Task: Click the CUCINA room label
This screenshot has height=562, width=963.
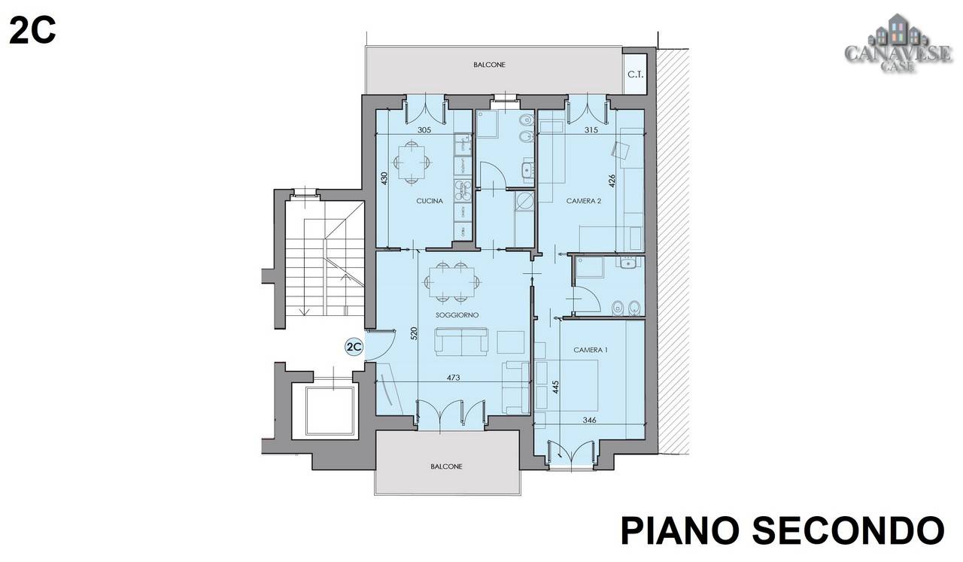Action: click(430, 201)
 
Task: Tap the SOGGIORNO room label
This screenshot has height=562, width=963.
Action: click(457, 315)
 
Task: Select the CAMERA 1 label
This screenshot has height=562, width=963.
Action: click(591, 350)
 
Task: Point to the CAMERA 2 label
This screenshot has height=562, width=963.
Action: click(584, 201)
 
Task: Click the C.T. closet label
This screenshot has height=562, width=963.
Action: click(636, 74)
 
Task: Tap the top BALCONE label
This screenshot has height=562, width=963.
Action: click(489, 65)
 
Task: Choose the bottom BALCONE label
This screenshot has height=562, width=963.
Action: click(446, 466)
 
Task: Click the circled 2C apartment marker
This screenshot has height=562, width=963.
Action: click(354, 347)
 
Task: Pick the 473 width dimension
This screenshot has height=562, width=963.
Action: click(453, 378)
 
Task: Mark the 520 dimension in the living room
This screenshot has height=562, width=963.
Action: click(414, 333)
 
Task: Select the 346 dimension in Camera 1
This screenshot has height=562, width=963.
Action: click(589, 420)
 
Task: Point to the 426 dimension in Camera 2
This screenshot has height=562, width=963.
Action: click(612, 181)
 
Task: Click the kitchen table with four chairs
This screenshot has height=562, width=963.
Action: click(412, 163)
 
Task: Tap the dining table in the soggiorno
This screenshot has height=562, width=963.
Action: click(452, 282)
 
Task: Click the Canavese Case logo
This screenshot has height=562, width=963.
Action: click(898, 44)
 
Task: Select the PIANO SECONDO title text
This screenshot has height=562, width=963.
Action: click(782, 531)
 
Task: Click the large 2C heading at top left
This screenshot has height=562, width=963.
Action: click(32, 31)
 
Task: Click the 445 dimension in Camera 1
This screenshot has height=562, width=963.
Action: click(555, 387)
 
